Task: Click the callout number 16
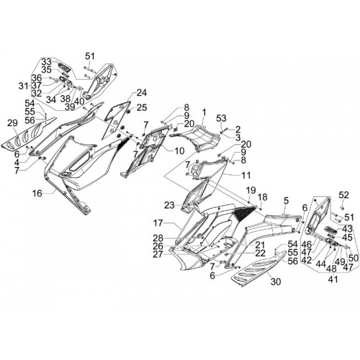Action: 37,193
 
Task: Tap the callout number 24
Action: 142,93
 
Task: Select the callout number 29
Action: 12,123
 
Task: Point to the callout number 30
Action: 275,282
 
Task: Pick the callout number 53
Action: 221,118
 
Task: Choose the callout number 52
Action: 343,195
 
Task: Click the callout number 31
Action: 24,86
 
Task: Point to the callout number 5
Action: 286,201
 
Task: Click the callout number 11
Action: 246,175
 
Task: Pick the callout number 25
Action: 142,107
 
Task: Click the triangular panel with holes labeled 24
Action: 117,120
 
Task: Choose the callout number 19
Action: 251,191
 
